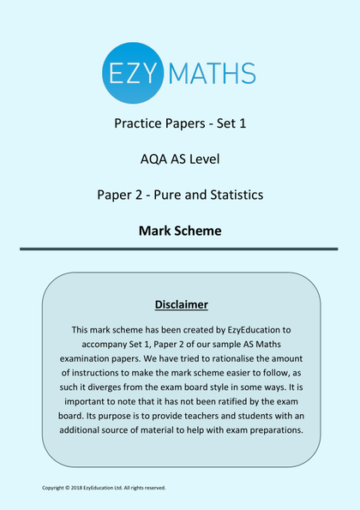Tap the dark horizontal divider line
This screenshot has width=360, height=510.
(x=180, y=249)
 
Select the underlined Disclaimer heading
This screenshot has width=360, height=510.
(x=181, y=304)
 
